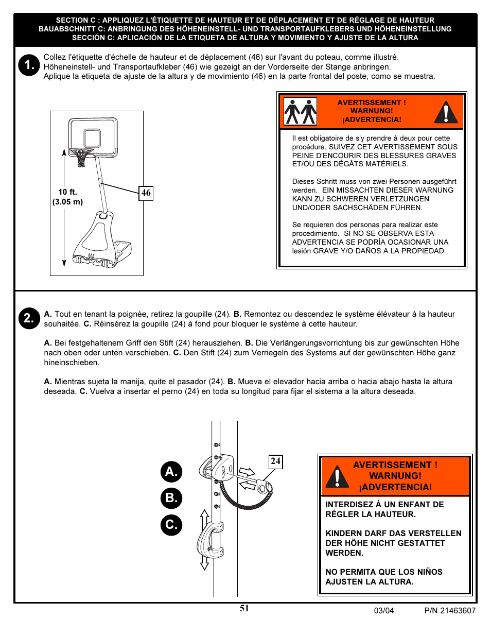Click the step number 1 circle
29,65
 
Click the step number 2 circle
29,318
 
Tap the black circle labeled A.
171,471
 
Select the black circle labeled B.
171,498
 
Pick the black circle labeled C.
171,525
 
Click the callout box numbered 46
146,193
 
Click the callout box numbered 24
276,461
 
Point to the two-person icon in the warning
301,112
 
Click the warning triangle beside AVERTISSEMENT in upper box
446,112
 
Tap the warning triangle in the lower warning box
338,476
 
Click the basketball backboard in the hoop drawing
93,134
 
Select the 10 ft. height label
67,192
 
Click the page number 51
244,608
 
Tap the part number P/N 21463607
450,611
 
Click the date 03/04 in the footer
384,611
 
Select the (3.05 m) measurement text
67,202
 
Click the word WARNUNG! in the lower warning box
395,476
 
